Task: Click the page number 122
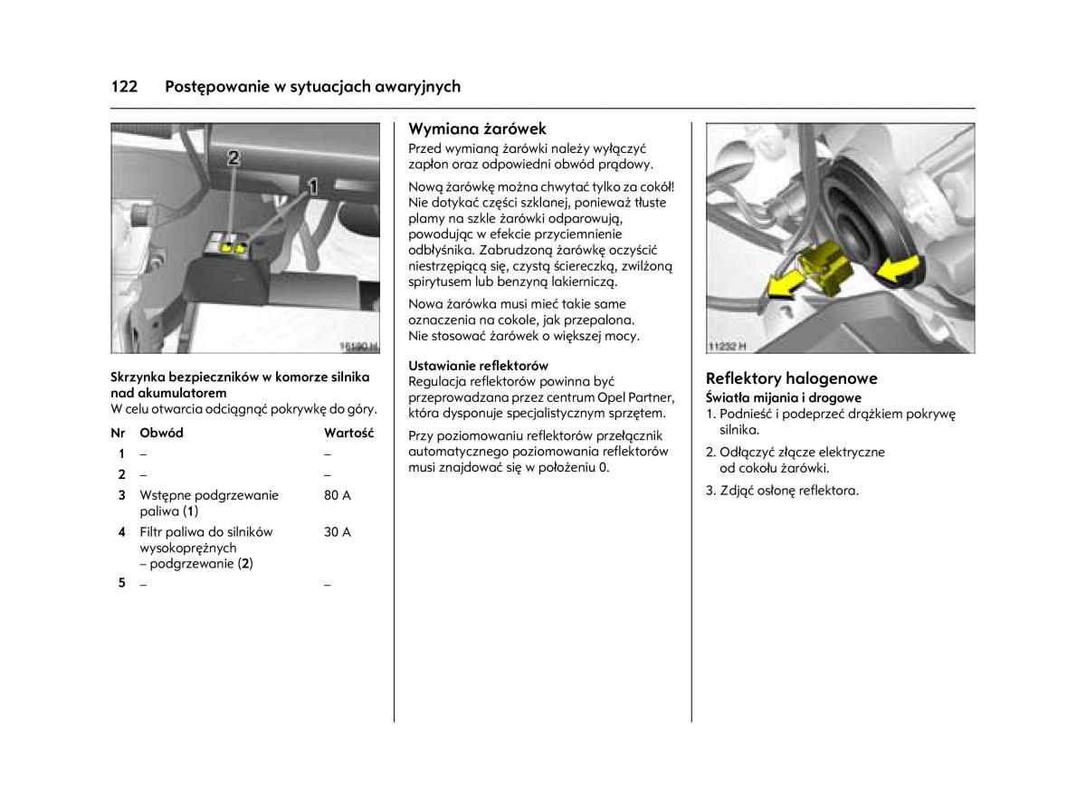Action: pos(124,87)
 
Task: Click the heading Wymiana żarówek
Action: pos(477,129)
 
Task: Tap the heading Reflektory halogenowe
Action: pos(791,378)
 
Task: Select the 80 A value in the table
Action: pos(337,495)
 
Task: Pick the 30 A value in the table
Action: pos(337,532)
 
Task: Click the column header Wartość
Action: pos(348,433)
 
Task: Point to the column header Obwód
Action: pos(161,433)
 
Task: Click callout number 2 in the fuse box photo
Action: pos(233,158)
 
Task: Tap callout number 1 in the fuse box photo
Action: pos(313,187)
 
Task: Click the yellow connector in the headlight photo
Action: pos(824,268)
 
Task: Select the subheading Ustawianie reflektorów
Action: pos(478,366)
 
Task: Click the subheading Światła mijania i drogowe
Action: pos(783,397)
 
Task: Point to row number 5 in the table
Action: pos(121,583)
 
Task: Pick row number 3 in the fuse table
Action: pos(121,495)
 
